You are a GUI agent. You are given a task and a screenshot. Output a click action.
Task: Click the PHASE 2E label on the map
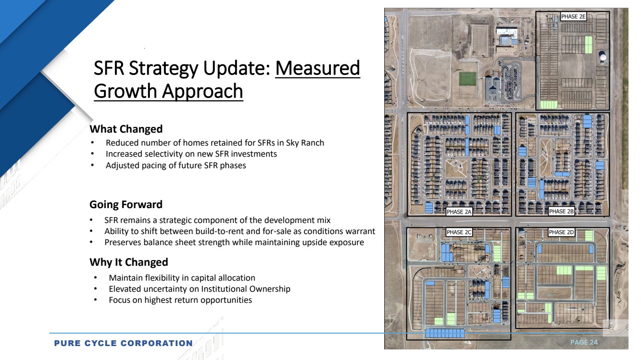tap(574, 17)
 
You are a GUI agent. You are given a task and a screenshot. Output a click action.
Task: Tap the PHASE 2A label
tap(459, 212)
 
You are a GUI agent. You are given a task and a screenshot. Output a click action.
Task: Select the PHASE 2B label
tap(562, 211)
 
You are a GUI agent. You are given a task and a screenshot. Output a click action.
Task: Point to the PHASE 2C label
tap(459, 232)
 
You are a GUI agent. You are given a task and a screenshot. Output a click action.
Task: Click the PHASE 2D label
tap(562, 232)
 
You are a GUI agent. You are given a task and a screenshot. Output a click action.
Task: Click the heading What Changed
tap(126, 129)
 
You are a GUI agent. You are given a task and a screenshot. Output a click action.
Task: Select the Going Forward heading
tap(126, 204)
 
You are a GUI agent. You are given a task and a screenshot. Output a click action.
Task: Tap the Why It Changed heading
tap(129, 262)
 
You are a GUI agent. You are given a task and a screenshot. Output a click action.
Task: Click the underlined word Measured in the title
tap(318, 68)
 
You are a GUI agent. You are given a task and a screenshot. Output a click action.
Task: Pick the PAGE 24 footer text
tap(584, 342)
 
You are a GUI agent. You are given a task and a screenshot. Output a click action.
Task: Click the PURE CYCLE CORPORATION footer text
tap(123, 343)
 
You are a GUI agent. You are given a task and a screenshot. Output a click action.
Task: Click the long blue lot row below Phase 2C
tap(445, 333)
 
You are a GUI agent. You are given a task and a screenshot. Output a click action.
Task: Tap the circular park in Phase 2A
tap(456, 168)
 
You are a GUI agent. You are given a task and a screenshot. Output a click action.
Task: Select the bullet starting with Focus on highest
tap(180, 300)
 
